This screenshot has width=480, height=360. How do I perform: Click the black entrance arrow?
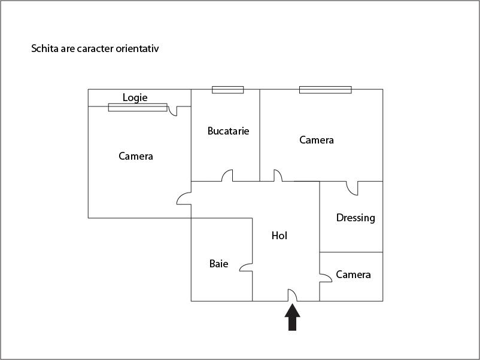click(x=292, y=317)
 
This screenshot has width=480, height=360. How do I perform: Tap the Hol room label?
click(x=279, y=236)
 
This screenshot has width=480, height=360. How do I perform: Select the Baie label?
click(x=218, y=264)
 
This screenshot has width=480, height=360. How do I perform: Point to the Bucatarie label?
click(x=228, y=131)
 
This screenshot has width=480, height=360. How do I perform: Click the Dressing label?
click(x=356, y=218)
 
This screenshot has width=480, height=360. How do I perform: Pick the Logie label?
click(x=135, y=97)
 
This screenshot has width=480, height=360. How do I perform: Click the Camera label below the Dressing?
click(x=353, y=274)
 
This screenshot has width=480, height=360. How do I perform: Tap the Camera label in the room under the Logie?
click(x=136, y=156)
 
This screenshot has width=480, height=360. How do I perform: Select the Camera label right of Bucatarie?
click(x=317, y=140)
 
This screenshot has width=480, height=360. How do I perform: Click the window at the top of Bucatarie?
click(x=228, y=90)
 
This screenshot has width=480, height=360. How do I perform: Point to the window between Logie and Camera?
click(x=138, y=108)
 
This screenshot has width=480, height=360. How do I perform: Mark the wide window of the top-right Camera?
click(x=326, y=90)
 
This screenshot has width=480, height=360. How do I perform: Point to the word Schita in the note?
click(x=45, y=48)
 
